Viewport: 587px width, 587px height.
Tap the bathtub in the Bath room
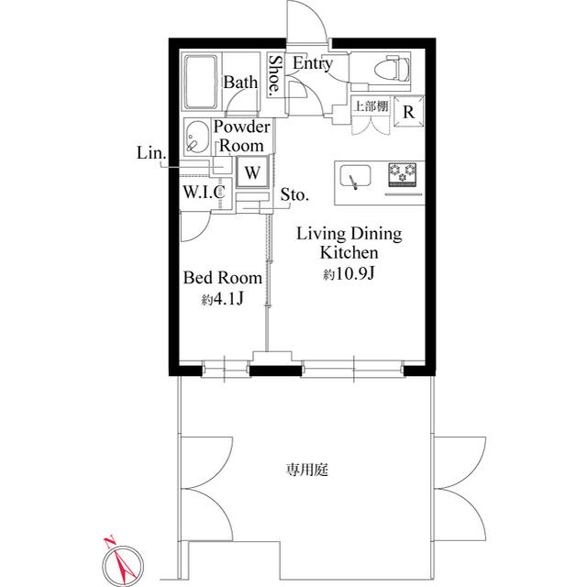[x=201, y=82]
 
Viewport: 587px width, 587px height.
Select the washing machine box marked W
[x=252, y=172]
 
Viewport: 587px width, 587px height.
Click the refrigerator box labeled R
[x=409, y=112]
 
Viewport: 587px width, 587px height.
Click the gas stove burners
[x=403, y=173]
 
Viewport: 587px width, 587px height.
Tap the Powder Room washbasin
[x=197, y=137]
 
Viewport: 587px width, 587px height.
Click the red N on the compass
[x=110, y=542]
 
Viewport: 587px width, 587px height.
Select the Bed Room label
[x=223, y=278]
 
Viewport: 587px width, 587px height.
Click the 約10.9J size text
[x=349, y=275]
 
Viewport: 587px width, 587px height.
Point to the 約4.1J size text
[x=222, y=299]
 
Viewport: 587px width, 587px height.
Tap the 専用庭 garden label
[x=307, y=470]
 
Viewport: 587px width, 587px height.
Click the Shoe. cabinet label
[x=275, y=74]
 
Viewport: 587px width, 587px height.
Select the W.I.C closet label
[x=204, y=192]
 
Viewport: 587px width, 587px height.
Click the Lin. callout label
[x=151, y=153]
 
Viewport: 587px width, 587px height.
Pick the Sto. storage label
[x=295, y=194]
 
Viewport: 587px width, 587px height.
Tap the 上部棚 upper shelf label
[x=371, y=106]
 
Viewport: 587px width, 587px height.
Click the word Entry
[x=313, y=63]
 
